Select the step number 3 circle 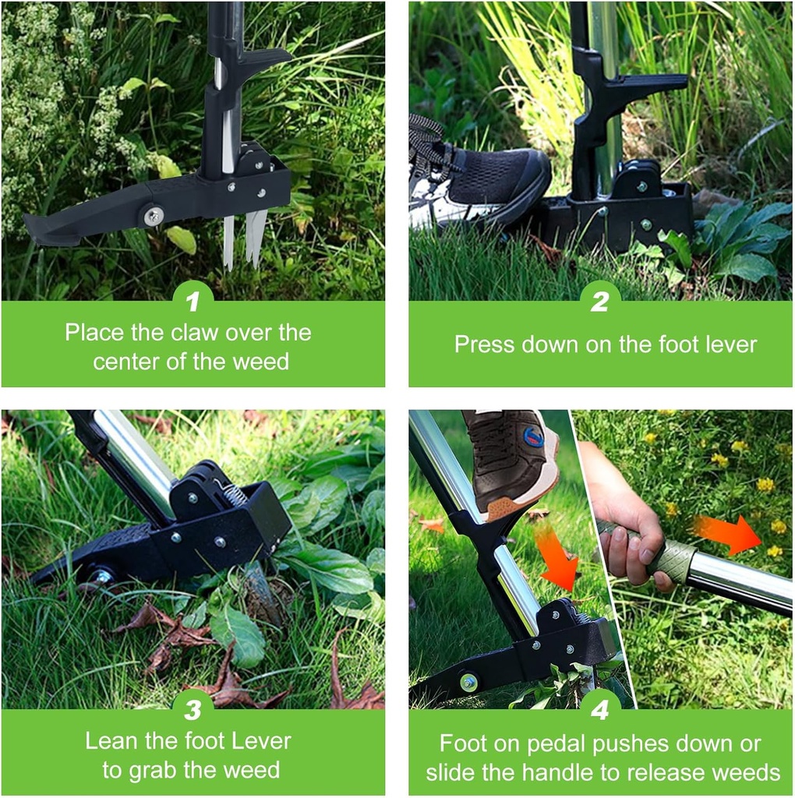click(193, 709)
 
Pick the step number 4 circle click(599, 709)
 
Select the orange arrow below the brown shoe click(556, 556)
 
